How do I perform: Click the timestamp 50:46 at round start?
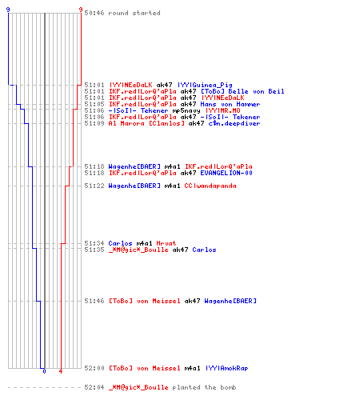(94, 13)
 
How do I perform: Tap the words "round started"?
(134, 13)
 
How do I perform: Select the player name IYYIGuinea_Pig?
(205, 85)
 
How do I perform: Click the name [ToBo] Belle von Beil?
(242, 91)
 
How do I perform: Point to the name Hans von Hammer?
(230, 104)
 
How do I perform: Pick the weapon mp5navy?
(186, 110)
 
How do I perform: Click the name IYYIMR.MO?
(223, 110)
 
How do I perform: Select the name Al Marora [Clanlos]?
(146, 123)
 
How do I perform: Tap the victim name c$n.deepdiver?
(234, 123)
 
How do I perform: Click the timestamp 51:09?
(94, 123)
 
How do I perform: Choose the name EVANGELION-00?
(226, 173)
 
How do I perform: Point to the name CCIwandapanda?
(210, 186)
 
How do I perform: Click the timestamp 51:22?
(94, 186)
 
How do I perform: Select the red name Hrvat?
(166, 243)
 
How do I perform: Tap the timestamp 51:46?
(94, 301)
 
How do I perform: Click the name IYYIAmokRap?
(226, 368)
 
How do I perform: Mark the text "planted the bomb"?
(204, 387)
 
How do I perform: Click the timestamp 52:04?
(94, 387)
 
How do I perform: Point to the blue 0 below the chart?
(44, 371)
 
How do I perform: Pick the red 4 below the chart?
(61, 371)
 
